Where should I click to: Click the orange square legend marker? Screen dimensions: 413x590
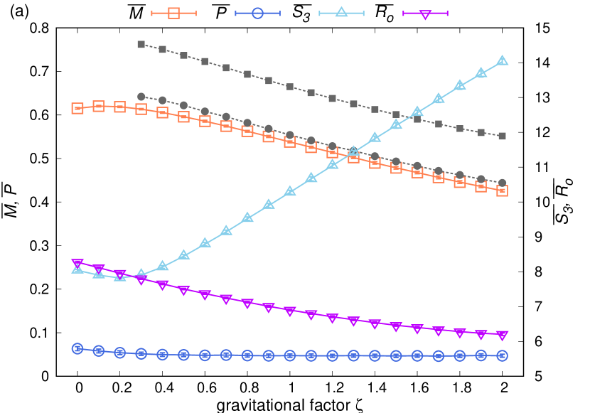(x=173, y=13)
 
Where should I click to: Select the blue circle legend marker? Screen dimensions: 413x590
(x=257, y=13)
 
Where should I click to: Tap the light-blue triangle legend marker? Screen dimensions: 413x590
(x=341, y=12)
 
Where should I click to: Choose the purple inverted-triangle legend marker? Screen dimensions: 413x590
(x=425, y=14)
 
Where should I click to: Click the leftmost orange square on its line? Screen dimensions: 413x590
(x=77, y=108)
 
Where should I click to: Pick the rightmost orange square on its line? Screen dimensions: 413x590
(x=502, y=191)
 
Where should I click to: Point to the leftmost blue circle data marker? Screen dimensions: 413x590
(x=77, y=348)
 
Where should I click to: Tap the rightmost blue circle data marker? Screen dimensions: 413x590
(x=502, y=355)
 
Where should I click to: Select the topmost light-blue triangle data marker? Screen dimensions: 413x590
(x=502, y=60)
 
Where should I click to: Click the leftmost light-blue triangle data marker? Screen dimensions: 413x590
(x=77, y=268)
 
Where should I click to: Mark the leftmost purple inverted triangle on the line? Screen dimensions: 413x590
(x=77, y=264)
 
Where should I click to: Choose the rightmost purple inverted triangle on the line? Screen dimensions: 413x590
(x=502, y=336)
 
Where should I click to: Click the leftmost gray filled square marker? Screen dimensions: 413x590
(x=141, y=44)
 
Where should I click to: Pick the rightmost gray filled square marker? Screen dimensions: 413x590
(x=502, y=136)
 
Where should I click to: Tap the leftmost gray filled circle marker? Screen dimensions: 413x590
(x=141, y=97)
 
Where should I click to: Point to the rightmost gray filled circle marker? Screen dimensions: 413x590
(x=502, y=183)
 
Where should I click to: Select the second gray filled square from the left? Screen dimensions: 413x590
(x=163, y=50)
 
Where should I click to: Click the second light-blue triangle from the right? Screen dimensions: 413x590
(x=481, y=73)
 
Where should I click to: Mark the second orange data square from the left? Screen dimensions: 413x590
(x=99, y=106)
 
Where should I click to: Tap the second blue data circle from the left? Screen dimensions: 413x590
(x=99, y=350)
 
